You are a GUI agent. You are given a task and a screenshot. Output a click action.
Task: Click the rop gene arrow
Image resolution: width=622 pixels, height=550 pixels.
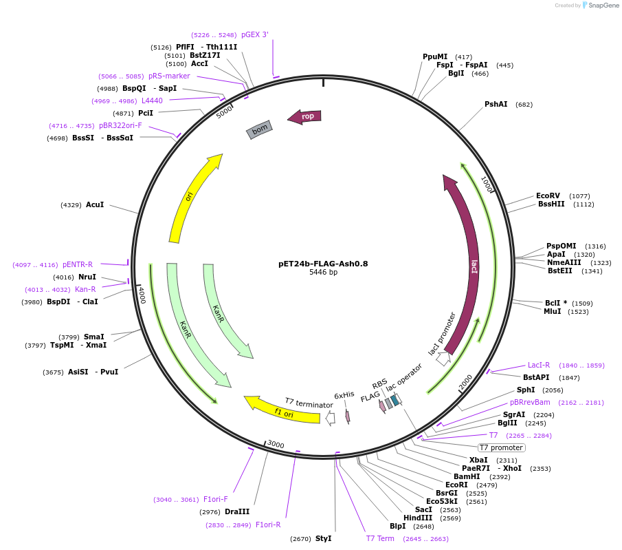tap(304, 116)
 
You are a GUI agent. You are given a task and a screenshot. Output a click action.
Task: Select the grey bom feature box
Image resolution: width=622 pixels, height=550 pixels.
tap(259, 129)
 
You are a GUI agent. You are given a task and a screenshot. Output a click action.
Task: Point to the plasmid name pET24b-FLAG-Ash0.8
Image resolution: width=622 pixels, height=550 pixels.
tap(323, 264)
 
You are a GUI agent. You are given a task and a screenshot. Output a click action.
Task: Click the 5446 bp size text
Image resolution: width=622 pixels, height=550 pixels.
tap(323, 272)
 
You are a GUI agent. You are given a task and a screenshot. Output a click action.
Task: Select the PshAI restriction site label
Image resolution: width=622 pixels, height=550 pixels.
tap(496, 104)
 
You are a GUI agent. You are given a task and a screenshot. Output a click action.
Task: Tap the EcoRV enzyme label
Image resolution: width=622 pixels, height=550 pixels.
tap(548, 195)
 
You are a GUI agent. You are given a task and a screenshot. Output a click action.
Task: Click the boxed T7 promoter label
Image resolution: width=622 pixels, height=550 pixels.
tap(502, 448)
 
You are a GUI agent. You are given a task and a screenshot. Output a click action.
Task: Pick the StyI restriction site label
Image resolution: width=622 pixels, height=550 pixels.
tap(323, 538)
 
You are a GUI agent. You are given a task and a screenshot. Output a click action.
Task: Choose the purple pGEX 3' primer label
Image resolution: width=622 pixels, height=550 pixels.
tap(255, 34)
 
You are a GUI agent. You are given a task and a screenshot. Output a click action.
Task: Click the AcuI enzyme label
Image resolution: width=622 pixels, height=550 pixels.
tap(95, 204)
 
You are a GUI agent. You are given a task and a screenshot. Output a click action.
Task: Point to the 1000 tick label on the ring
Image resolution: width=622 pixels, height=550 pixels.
tap(487, 184)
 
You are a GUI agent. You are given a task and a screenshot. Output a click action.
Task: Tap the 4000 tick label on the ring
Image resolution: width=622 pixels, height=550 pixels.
tap(142, 295)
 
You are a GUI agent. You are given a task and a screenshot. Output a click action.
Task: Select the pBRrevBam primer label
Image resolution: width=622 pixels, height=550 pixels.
tap(530, 402)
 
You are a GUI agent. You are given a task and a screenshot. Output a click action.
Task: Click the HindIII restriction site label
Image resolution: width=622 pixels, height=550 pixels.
tap(418, 518)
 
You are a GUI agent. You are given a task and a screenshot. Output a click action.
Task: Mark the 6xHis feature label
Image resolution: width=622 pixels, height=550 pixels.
tap(344, 395)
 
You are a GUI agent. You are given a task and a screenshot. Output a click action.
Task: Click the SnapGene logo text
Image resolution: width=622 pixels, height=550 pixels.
tap(603, 6)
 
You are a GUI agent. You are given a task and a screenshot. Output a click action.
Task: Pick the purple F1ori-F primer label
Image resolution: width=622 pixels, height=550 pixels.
tap(215, 499)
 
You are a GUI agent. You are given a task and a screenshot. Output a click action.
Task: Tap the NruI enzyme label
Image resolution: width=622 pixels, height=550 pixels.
tap(87, 277)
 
